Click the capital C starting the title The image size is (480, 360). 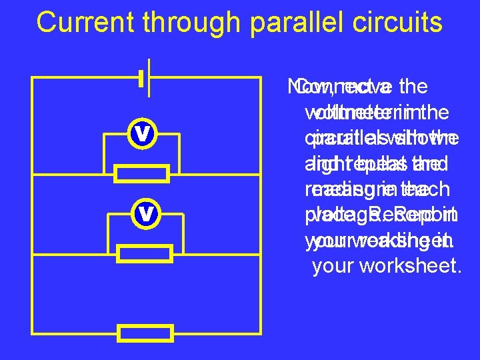[47, 22]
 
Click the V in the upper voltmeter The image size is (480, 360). [141, 133]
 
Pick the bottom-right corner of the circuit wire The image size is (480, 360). [260, 333]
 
